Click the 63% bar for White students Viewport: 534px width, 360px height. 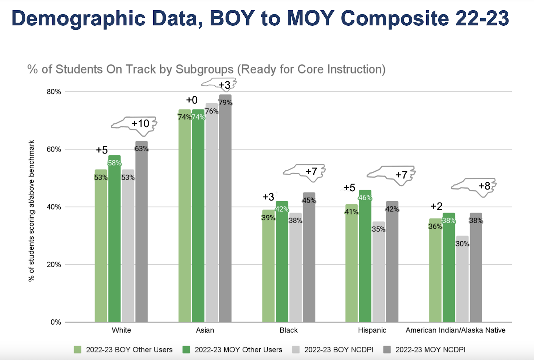[142, 234]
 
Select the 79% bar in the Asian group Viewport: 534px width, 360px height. [225, 210]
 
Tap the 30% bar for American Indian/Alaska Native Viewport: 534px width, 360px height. [462, 280]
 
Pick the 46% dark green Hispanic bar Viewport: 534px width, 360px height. [365, 257]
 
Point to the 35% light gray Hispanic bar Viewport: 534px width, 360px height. [378, 274]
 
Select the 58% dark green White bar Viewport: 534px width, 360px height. [114, 240]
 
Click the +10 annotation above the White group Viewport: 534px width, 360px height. [140, 124]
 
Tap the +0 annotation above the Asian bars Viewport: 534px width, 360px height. [192, 100]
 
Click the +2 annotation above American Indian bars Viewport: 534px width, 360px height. [437, 206]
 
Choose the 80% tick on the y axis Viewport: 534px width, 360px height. [54, 92]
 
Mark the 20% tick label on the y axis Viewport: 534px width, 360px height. [54, 265]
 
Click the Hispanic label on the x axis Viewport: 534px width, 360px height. [372, 330]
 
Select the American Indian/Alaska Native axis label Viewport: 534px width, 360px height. [455, 330]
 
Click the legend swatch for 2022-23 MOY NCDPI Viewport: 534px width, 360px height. [387, 350]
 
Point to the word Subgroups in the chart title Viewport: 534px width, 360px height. [204, 69]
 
